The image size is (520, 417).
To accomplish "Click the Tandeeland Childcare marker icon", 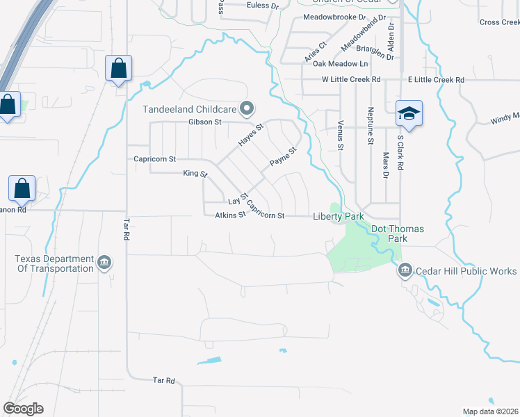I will coord(246,108).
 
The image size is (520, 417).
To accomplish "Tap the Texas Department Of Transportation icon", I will coord(104,263).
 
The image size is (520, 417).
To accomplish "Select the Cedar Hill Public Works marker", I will coord(405,270).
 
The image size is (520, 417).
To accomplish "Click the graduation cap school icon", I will coord(409,113).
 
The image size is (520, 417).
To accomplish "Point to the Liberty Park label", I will coord(338,217).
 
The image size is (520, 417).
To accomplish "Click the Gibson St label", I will coord(204,122).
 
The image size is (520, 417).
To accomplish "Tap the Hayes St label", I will coord(252,135).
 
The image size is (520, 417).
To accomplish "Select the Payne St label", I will coord(284,157).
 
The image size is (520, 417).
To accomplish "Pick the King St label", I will coord(195,173).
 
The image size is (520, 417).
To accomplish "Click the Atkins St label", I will coord(230,215).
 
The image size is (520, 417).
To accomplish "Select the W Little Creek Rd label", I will coord(351,80).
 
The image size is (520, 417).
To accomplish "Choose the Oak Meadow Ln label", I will coord(340,64).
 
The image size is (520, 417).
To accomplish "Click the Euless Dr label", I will coord(263,6).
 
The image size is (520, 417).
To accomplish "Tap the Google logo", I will coord(23,409).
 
